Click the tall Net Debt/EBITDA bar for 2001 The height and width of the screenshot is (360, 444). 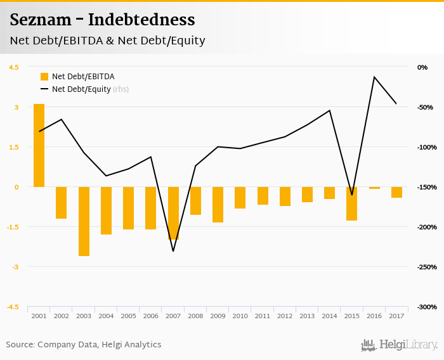pos(39,145)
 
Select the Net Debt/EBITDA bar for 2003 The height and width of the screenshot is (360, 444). pos(84,221)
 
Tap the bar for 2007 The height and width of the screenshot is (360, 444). pos(173,213)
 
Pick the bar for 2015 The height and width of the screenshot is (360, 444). pos(352,203)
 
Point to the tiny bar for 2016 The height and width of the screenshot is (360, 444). pos(374,188)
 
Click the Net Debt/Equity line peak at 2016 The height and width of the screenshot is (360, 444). pos(374,77)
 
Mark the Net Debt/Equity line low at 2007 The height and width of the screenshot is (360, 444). pos(173,251)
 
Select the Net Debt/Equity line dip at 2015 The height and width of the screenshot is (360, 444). pos(352,195)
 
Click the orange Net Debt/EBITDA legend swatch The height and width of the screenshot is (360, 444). pos(44,77)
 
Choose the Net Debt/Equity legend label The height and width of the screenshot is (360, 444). pos(81,89)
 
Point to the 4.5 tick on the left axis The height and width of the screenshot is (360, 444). pos(13,67)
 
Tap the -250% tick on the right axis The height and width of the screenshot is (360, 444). pos(426,267)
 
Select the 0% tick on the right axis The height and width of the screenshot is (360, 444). pos(422,67)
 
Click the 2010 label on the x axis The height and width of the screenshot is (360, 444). pos(240,316)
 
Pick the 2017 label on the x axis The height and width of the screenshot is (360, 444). pos(396,316)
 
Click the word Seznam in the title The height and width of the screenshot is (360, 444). pos(39,20)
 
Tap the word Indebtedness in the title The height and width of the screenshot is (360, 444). pos(141,20)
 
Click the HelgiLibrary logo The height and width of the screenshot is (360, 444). pos(399,345)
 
